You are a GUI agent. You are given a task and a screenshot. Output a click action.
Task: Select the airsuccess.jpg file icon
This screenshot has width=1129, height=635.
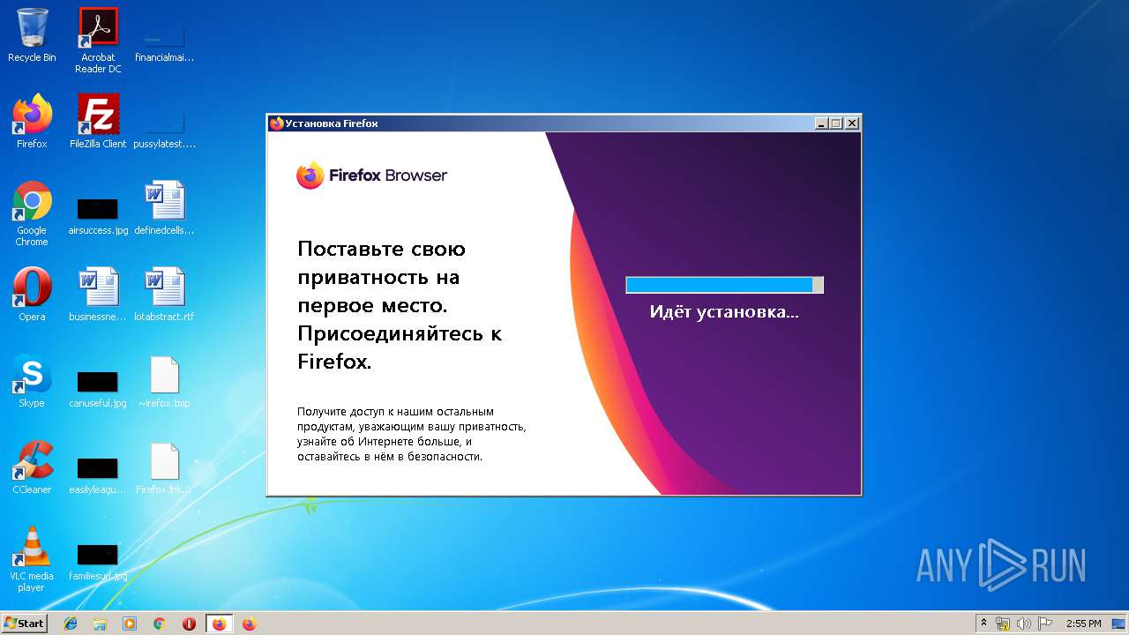pyautogui.click(x=98, y=209)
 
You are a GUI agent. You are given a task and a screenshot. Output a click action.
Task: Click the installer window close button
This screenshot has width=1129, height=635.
pyautogui.click(x=851, y=123)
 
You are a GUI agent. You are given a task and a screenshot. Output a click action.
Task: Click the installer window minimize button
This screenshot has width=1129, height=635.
pyautogui.click(x=821, y=123)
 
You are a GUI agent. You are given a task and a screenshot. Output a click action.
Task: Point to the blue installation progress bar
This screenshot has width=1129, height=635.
pyautogui.click(x=723, y=285)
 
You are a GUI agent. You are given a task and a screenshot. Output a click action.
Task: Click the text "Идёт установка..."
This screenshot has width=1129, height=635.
pyautogui.click(x=724, y=311)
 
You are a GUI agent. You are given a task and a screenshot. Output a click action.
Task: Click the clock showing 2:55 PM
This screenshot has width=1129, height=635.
pyautogui.click(x=1083, y=624)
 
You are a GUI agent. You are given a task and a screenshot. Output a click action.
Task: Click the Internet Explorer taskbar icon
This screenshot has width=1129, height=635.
pyautogui.click(x=71, y=624)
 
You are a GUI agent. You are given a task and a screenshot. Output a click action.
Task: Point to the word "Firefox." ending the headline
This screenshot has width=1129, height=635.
pyautogui.click(x=334, y=362)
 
